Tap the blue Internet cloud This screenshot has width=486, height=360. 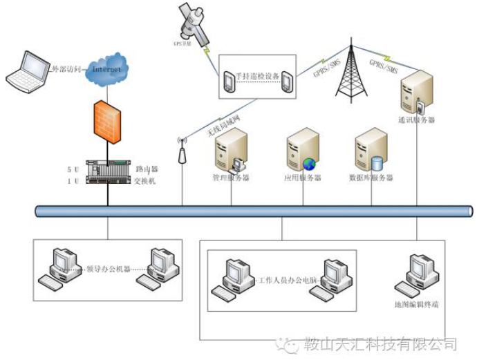[x=107, y=68]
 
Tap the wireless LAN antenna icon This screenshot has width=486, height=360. [x=183, y=150]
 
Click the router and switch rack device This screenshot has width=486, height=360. [x=107, y=171]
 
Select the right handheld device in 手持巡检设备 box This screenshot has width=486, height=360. [x=286, y=82]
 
